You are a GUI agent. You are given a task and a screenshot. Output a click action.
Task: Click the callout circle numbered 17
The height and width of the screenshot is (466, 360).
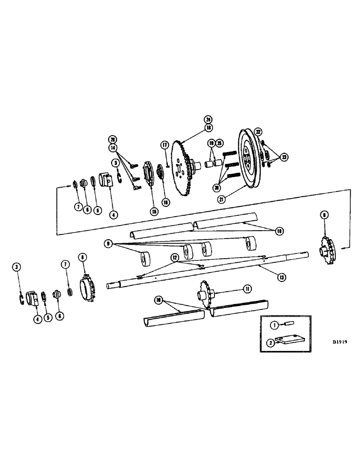coord(164,145)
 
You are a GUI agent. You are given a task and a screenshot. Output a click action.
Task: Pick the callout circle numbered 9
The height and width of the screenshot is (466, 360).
coord(108,243)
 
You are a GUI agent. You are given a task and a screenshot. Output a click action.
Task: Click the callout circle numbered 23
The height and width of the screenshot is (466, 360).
coord(284,157)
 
